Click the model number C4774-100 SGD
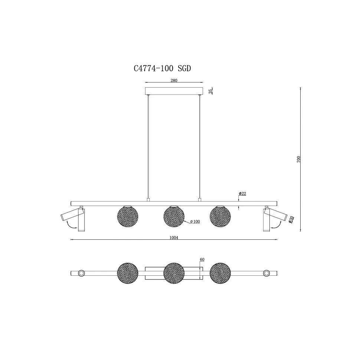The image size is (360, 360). pos(162,68)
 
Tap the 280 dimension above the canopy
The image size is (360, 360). pos(174,81)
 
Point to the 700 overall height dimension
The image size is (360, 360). pos(298,159)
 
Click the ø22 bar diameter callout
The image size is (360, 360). pos(242,193)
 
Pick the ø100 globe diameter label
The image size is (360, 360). pos(195,222)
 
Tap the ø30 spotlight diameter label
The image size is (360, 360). pos(291,220)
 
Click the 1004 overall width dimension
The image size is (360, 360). pos(174,238)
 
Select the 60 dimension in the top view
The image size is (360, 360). pos(202,260)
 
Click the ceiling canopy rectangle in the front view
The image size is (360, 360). pos(174,91)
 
